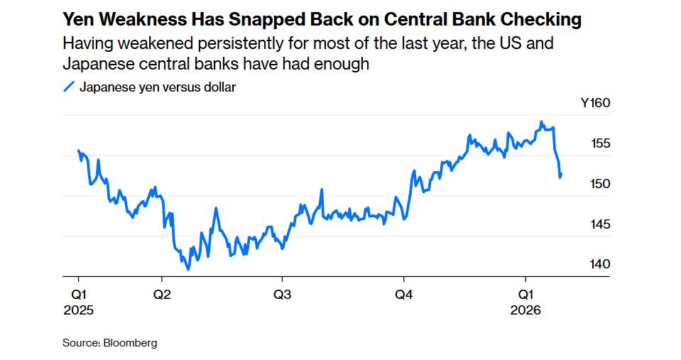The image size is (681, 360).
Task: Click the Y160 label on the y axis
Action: pyautogui.click(x=595, y=103)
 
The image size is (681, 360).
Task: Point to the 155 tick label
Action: pyautogui.click(x=601, y=143)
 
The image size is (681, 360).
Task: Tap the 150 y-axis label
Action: pyautogui.click(x=601, y=184)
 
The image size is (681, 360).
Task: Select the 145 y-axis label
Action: pyautogui.click(x=601, y=224)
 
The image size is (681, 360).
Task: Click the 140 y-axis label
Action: pyautogui.click(x=601, y=264)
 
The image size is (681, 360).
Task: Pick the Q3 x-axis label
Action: pyautogui.click(x=282, y=294)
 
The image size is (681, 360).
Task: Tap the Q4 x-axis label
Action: pyautogui.click(x=404, y=294)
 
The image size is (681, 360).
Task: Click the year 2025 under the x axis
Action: pyautogui.click(x=78, y=310)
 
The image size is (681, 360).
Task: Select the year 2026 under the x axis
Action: pyautogui.click(x=525, y=310)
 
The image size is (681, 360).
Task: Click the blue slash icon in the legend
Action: pyautogui.click(x=69, y=87)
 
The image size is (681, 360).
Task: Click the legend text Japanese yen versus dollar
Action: pyautogui.click(x=158, y=87)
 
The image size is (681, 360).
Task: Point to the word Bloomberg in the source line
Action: pyautogui.click(x=130, y=343)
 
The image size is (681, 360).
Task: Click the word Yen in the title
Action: pyautogui.click(x=77, y=19)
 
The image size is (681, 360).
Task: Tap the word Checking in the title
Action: pyautogui.click(x=546, y=19)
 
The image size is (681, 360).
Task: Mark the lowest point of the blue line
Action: pyautogui.click(x=188, y=269)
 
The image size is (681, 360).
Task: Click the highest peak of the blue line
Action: pyautogui.click(x=541, y=121)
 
